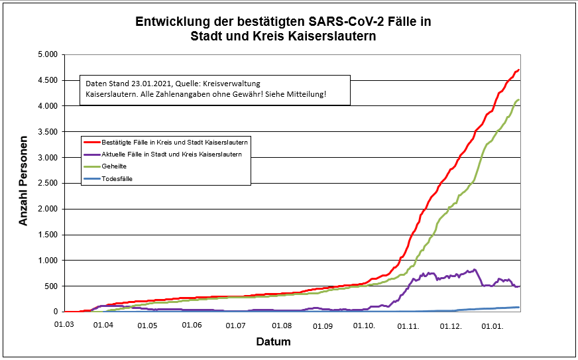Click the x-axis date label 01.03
coord(64,325)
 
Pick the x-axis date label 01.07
coord(236,325)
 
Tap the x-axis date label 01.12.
coord(451,325)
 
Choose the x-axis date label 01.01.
coord(494,325)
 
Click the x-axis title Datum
coord(273,342)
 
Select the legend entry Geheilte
coord(115,166)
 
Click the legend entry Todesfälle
coord(117,178)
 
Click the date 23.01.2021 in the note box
coord(148,84)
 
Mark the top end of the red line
coord(518,70)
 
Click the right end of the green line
coord(518,100)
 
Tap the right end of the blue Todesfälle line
coord(518,307)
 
